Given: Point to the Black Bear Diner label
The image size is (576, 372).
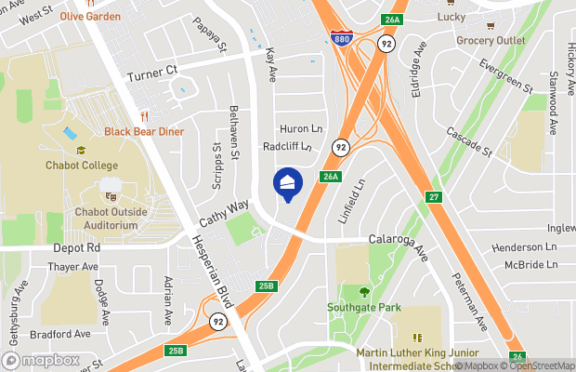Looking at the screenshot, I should (x=144, y=132).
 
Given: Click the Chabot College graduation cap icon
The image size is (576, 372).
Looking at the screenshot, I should (x=81, y=150).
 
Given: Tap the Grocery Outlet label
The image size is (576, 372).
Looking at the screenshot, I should (x=490, y=41).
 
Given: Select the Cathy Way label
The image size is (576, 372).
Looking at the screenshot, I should (x=224, y=214).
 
